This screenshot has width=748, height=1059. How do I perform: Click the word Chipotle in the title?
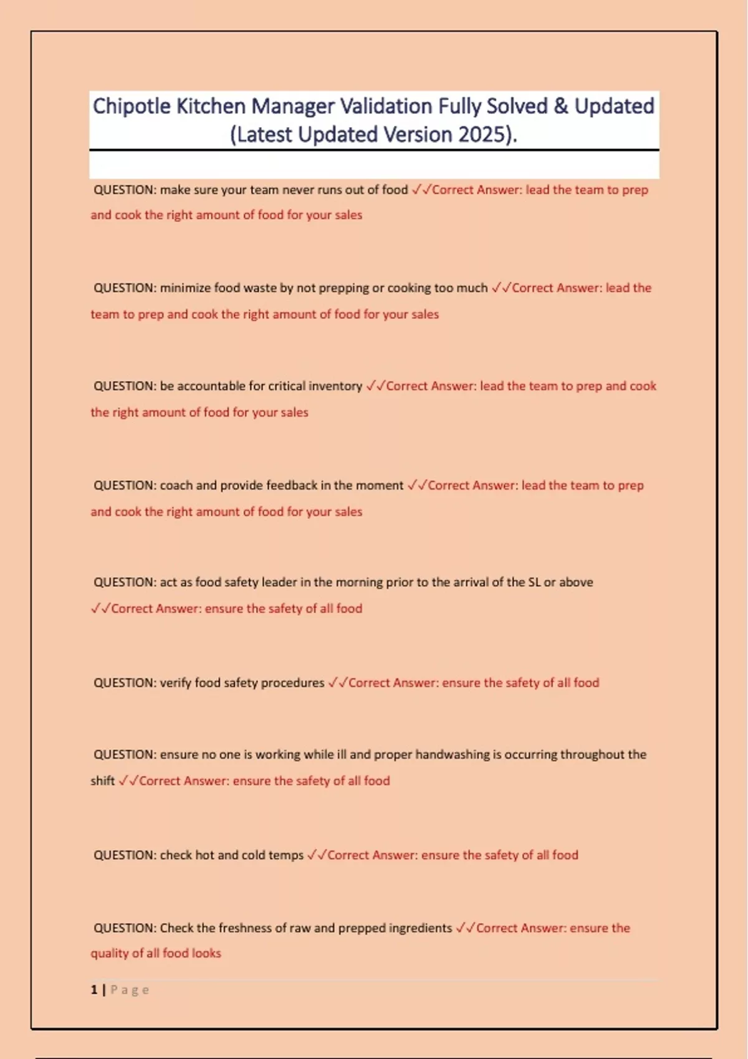132,107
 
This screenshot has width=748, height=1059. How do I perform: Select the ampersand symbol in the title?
560,107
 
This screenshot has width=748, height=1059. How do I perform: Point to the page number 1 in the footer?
94,990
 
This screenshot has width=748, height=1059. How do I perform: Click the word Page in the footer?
130,990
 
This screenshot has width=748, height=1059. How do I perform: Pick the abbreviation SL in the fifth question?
534,582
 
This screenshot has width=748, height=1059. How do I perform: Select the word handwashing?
453,754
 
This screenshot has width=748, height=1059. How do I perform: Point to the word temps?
286,855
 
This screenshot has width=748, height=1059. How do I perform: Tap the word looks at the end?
206,953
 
